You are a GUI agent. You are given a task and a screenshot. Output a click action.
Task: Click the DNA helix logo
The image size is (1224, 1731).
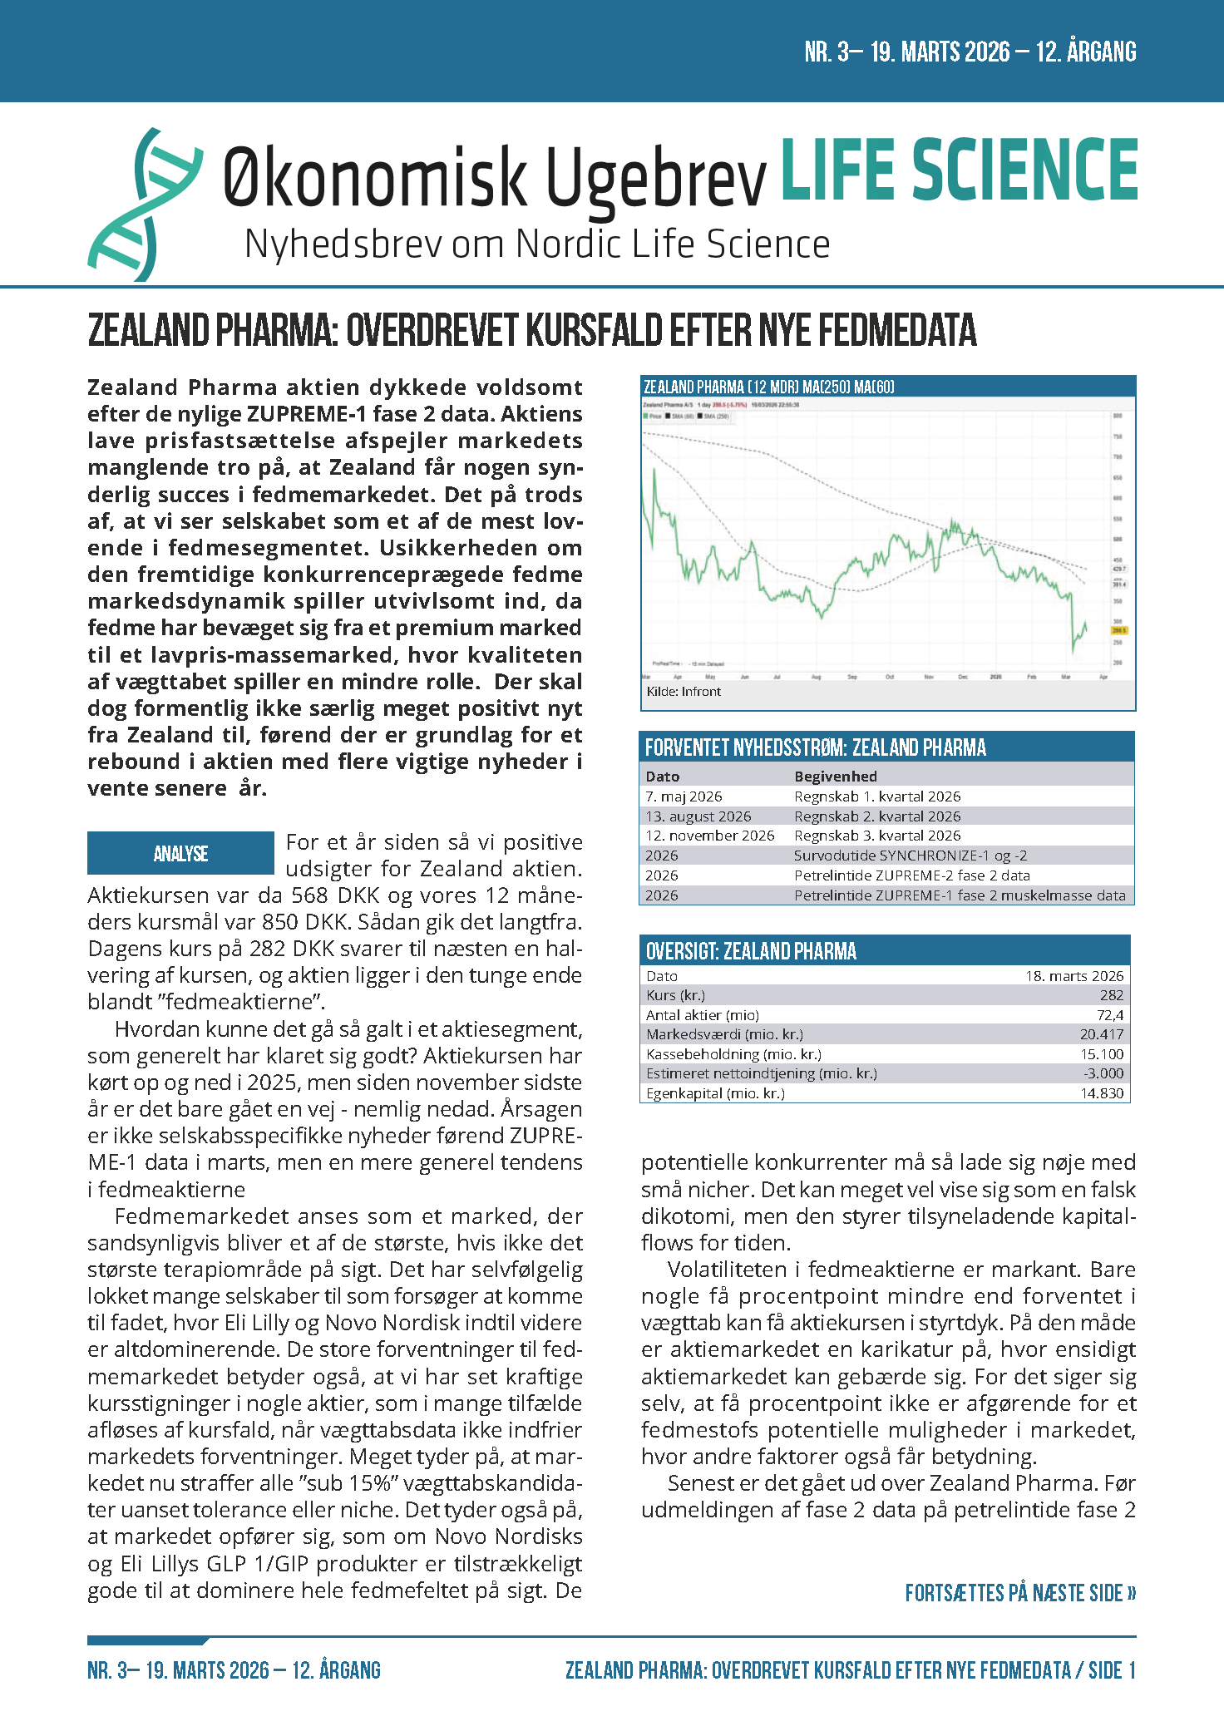tap(145, 204)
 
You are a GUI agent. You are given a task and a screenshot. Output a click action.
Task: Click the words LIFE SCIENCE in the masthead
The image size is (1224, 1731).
tap(959, 170)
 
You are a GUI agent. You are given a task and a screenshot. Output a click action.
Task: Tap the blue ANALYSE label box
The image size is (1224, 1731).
tap(180, 853)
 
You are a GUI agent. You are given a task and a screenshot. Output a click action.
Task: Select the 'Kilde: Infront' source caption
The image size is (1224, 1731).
tap(684, 692)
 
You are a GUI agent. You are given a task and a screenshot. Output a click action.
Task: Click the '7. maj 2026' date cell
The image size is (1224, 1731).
tap(684, 796)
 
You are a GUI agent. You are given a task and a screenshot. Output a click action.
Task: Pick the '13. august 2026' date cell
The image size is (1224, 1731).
tap(698, 816)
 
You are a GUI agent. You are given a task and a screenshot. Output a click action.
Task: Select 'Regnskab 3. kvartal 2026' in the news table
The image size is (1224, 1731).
tap(877, 836)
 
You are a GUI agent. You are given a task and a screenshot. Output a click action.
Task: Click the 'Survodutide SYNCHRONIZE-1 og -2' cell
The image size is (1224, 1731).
tap(910, 856)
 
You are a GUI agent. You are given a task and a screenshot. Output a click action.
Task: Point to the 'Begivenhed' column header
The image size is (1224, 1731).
tap(835, 777)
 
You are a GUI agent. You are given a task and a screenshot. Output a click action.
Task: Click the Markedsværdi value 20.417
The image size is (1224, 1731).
tap(1101, 1034)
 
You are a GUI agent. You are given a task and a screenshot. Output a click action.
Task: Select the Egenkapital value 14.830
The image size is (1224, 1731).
tap(1101, 1093)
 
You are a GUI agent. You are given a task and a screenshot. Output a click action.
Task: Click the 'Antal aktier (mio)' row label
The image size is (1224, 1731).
tap(703, 1015)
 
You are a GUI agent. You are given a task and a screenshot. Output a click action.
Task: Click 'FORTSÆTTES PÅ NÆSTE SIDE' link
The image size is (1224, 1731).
tap(1020, 1593)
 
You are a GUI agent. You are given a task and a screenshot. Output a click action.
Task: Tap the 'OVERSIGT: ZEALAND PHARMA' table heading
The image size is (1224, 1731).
tap(751, 951)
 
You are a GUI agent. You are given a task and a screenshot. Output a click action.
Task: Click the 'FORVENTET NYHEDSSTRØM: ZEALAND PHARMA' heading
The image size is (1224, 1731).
tap(815, 747)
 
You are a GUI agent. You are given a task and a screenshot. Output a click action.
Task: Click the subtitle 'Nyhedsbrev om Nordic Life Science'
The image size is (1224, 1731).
tap(537, 245)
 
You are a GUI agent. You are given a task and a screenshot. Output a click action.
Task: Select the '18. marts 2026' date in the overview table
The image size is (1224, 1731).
tap(1073, 976)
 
